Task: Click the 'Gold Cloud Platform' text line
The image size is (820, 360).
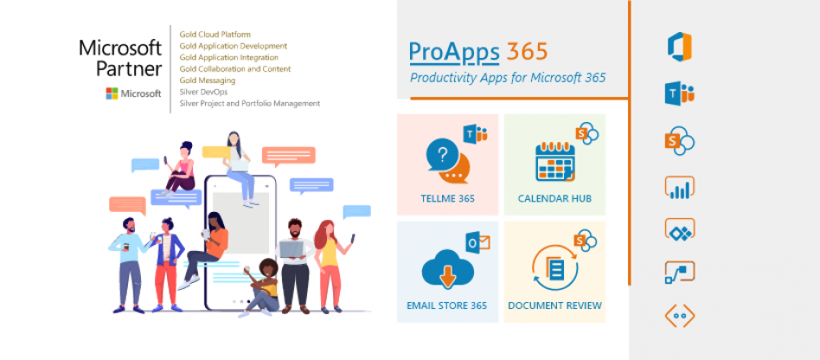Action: (215, 35)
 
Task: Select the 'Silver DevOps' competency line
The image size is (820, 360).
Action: (203, 92)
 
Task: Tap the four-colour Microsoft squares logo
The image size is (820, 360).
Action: (112, 93)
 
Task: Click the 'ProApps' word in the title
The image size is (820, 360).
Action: (454, 52)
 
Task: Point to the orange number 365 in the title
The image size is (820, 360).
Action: (527, 51)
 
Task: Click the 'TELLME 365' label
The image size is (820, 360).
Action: (448, 199)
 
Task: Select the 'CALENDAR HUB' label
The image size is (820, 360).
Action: (554, 199)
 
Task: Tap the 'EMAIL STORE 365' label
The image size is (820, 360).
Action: (447, 305)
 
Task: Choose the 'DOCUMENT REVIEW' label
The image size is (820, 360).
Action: (554, 305)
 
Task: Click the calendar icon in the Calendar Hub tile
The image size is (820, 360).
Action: (555, 161)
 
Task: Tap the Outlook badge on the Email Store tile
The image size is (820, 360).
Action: (477, 241)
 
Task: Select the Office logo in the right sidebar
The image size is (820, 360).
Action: (680, 47)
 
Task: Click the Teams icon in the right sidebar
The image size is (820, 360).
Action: (680, 93)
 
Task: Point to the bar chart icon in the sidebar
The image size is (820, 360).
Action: (680, 188)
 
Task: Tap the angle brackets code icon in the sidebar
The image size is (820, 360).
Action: (680, 316)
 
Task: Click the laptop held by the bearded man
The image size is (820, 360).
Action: (292, 249)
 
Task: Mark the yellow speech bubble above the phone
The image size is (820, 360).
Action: (216, 152)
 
